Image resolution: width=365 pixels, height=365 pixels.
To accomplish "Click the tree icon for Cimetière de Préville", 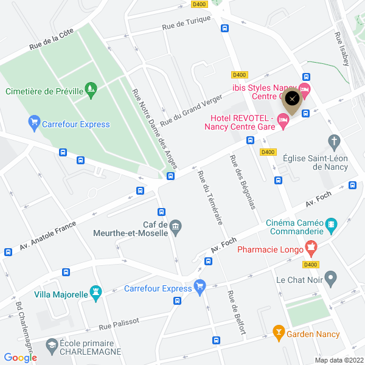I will click(x=91, y=91).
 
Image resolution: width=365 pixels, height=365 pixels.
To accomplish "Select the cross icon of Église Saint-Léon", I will click(x=334, y=142).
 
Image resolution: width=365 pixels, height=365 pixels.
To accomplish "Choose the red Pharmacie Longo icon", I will click(x=311, y=248).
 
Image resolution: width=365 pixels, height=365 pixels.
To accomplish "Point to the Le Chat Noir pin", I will click(x=331, y=280).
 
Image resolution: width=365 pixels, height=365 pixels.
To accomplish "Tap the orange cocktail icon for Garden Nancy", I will click(x=279, y=333).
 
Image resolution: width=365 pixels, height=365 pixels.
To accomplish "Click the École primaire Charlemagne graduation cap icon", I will click(x=52, y=346).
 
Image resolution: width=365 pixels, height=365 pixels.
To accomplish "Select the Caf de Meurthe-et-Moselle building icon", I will click(x=175, y=226).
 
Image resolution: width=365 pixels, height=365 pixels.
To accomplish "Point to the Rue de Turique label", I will click(x=186, y=23).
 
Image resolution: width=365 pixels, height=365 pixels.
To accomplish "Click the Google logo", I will click(x=20, y=358).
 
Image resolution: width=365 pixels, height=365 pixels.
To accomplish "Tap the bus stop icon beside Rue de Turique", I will click(x=224, y=28).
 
